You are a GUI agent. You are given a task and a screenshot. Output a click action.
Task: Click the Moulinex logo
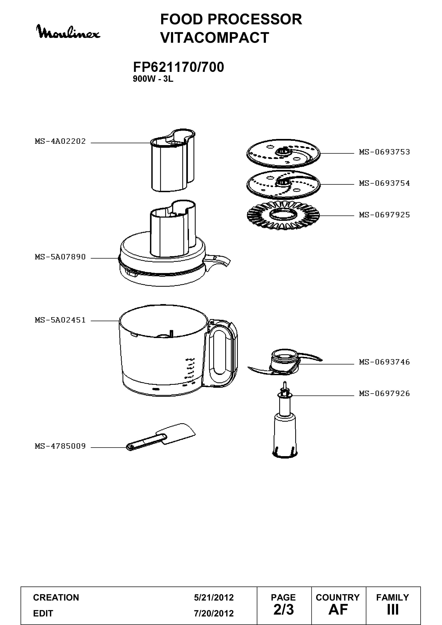click(x=68, y=32)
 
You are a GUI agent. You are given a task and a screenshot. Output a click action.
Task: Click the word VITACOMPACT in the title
click(x=215, y=37)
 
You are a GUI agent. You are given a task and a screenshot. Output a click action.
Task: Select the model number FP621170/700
click(x=178, y=67)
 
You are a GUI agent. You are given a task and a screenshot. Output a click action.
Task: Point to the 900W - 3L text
click(x=153, y=79)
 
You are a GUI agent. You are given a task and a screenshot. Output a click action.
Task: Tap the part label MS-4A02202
click(x=60, y=141)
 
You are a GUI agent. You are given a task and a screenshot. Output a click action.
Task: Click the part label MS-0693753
click(x=384, y=152)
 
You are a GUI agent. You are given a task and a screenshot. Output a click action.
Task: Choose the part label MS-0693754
click(x=384, y=183)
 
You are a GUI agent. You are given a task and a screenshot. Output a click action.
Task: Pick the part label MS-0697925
click(x=384, y=215)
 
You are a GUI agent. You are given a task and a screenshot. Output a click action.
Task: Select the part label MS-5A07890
click(x=60, y=257)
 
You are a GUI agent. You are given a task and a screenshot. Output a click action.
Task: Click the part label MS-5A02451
click(x=60, y=320)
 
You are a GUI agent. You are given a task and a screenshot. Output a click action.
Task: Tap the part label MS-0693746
click(x=384, y=362)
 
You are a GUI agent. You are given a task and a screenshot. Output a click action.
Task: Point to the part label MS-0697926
click(x=384, y=393)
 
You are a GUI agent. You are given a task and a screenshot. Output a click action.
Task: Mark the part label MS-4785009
click(x=60, y=446)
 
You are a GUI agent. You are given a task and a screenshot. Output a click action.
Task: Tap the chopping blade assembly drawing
click(x=285, y=362)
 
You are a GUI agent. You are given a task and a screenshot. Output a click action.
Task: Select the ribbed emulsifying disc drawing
click(x=283, y=215)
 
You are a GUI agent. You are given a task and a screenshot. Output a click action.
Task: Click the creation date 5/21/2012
click(x=214, y=597)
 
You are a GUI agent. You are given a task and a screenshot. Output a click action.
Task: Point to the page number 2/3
click(x=284, y=610)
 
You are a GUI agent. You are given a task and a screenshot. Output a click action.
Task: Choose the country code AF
click(x=338, y=610)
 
